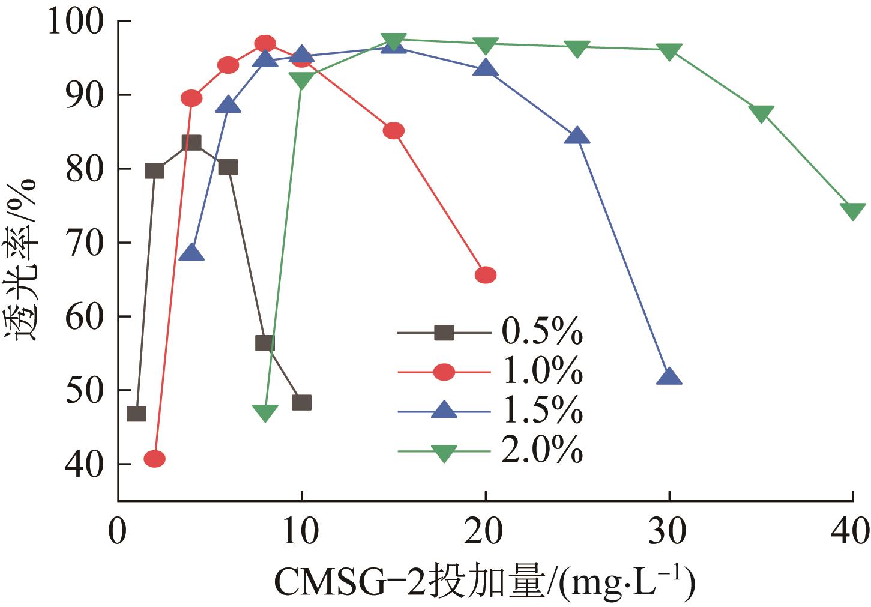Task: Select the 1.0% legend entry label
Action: point(541,372)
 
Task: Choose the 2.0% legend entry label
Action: point(541,450)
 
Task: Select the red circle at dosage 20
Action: point(486,275)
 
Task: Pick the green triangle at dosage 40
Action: point(852,211)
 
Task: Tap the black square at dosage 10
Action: point(301,402)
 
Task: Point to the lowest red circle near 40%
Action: point(155,459)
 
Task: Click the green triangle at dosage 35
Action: point(761,113)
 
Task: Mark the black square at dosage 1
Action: point(136,414)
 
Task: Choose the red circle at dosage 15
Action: point(393,131)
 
